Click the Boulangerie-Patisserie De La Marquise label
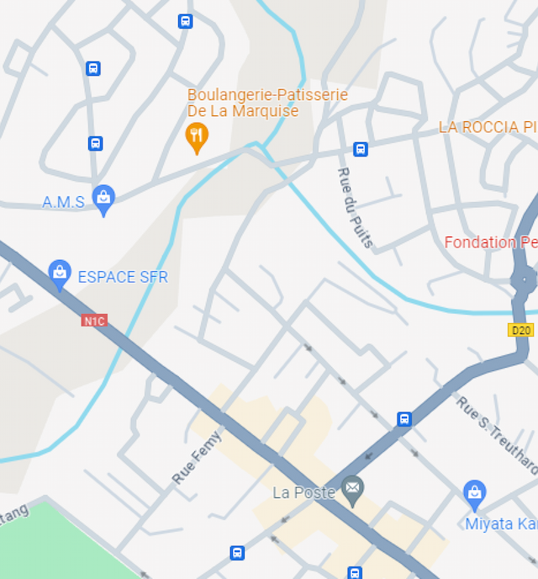tap(267, 103)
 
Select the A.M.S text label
tap(64, 202)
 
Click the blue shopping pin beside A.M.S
tap(103, 199)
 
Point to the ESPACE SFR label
tap(123, 277)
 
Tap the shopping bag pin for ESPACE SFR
tap(60, 273)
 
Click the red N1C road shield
tap(94, 321)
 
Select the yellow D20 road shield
tap(521, 330)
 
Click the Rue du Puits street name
tap(356, 207)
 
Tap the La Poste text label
tap(304, 492)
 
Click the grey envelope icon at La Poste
tap(353, 489)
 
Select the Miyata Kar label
tap(501, 524)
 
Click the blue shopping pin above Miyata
tap(475, 494)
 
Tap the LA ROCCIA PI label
tap(488, 127)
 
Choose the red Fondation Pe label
tap(491, 242)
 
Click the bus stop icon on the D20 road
tap(404, 419)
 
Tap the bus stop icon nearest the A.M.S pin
tap(96, 144)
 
